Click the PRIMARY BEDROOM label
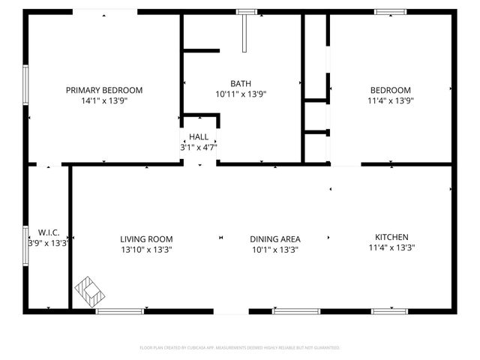click(x=104, y=90)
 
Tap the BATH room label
click(x=241, y=84)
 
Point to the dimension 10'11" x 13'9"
click(x=241, y=94)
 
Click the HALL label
click(x=199, y=136)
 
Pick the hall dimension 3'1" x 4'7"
click(x=199, y=148)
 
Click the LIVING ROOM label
click(x=146, y=239)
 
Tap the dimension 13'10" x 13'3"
click(x=146, y=250)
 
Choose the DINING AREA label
click(x=275, y=239)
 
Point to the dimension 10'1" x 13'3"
click(x=275, y=250)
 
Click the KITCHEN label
click(x=391, y=236)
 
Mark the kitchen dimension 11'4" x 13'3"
click(x=391, y=247)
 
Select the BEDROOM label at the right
click(x=389, y=90)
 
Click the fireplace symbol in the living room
click(x=90, y=291)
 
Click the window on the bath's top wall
click(x=245, y=12)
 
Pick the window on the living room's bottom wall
click(x=120, y=310)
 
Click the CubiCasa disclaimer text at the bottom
click(x=240, y=348)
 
